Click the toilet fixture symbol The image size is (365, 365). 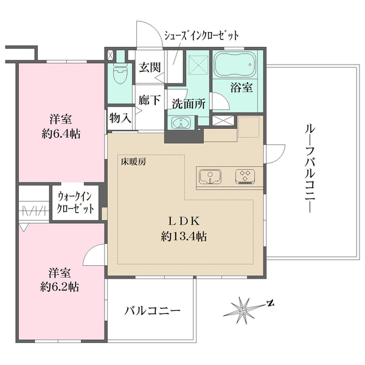[x=120, y=75]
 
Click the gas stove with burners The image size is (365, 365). [x=246, y=176]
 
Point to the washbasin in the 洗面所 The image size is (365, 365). [x=181, y=123]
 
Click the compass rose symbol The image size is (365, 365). [x=244, y=308]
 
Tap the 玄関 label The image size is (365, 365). [x=149, y=67]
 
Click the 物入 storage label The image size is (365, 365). [x=120, y=117]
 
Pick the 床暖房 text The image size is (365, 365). [x=132, y=162]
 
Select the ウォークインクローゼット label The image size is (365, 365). [x=75, y=203]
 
